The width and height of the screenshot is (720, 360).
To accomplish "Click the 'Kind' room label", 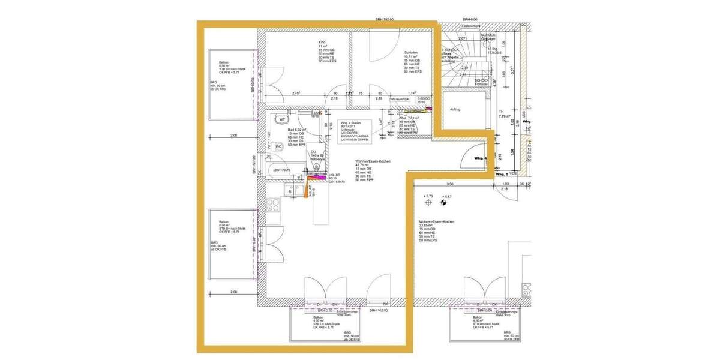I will tap(322, 42).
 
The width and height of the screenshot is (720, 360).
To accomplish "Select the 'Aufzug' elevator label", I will tap(455, 109).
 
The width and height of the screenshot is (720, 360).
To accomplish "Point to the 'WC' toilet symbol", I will tap(278, 146).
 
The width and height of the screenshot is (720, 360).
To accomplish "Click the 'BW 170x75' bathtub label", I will tap(283, 170).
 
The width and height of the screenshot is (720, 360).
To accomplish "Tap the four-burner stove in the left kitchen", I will tap(274, 205).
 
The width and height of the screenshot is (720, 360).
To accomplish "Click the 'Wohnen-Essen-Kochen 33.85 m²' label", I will tap(436, 222).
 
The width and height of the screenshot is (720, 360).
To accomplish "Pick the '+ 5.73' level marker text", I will tap(428, 196).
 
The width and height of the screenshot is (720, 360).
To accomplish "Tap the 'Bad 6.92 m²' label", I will tap(297, 130).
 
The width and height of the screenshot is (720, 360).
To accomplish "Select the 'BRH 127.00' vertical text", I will tap(254, 165).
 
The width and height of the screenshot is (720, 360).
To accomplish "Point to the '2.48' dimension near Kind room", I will tap(296, 93).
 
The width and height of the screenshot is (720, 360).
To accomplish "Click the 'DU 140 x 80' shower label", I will tap(317, 155).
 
